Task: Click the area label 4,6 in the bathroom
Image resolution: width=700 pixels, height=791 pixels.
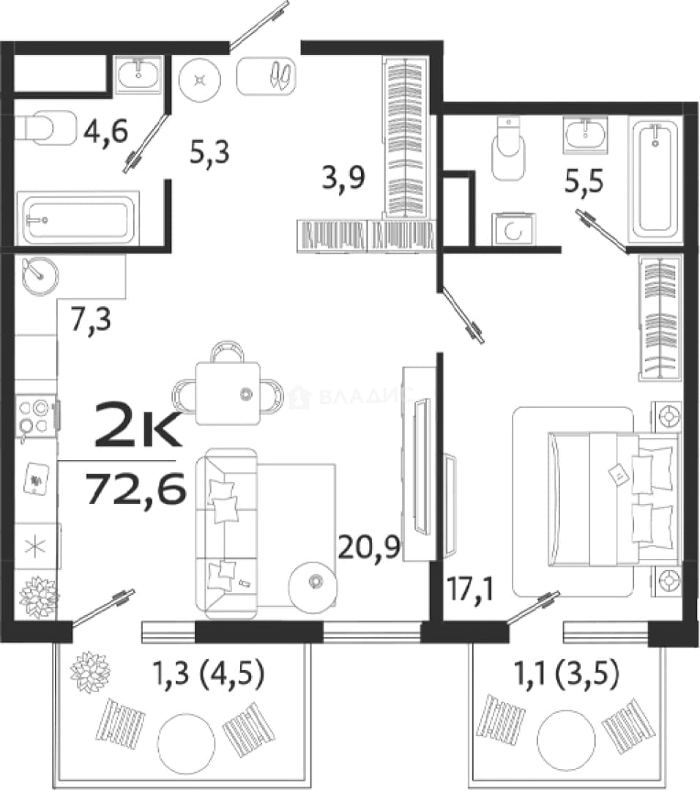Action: [106, 131]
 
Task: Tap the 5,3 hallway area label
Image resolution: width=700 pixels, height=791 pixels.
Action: [209, 152]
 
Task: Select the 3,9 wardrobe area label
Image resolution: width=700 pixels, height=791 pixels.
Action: [343, 177]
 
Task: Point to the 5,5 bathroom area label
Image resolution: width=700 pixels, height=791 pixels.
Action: [584, 182]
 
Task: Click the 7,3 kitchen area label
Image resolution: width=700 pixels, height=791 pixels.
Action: [91, 319]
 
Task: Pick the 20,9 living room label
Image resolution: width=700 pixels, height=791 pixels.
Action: [368, 546]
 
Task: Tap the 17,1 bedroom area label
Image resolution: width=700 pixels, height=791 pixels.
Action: [472, 589]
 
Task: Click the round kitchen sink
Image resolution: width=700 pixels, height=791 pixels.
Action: [40, 276]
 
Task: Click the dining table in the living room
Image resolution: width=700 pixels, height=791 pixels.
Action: [228, 393]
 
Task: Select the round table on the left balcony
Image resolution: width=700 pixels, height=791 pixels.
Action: [186, 741]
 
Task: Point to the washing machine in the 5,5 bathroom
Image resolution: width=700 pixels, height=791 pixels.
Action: [514, 229]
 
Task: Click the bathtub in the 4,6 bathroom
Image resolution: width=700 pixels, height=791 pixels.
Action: [78, 218]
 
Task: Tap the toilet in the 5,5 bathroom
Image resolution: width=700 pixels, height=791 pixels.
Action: [508, 149]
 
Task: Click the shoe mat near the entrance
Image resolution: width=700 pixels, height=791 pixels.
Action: [266, 75]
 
